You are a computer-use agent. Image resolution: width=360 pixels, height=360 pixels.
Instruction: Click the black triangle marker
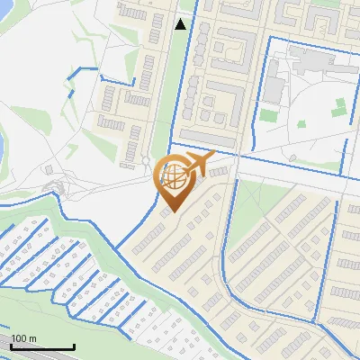182,24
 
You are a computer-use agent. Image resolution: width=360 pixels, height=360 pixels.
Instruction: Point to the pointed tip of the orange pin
173,211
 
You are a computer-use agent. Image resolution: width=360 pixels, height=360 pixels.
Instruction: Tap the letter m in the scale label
32,338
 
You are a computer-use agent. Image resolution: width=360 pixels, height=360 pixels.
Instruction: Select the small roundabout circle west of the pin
146,163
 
